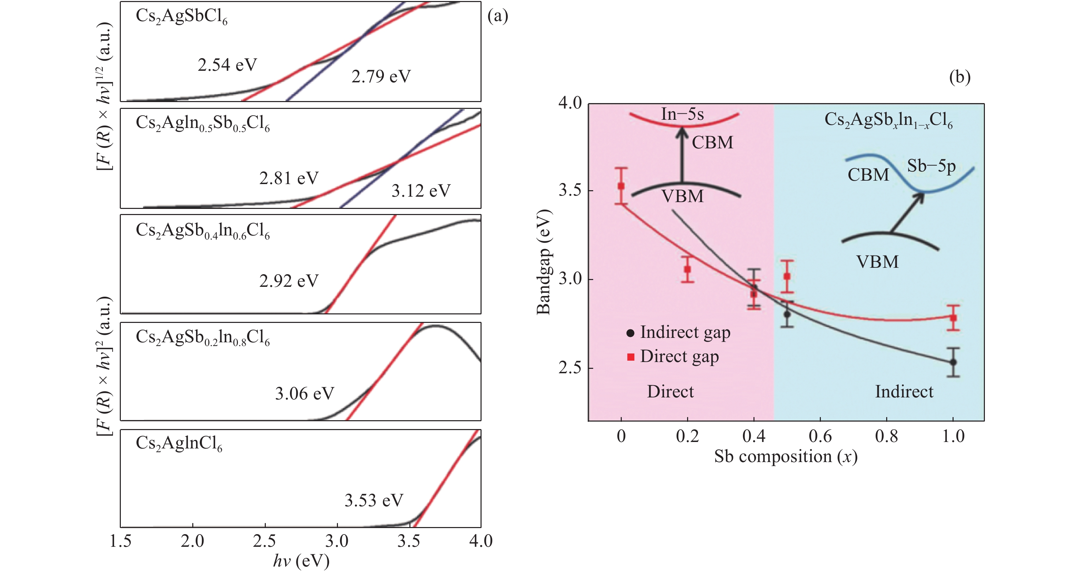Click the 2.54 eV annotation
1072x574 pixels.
(227, 65)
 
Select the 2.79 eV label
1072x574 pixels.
(381, 77)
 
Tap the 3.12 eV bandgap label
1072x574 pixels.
(421, 191)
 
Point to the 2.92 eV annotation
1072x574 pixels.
(289, 281)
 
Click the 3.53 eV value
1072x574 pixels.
(374, 501)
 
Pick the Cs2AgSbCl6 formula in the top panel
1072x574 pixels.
(181, 17)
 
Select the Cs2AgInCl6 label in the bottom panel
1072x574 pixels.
(179, 444)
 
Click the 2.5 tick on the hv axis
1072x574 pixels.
(265, 541)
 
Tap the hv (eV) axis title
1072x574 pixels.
(301, 561)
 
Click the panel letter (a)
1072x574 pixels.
(498, 16)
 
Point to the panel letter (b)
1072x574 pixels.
(960, 77)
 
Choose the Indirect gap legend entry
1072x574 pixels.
(678, 333)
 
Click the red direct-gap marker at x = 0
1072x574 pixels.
(621, 186)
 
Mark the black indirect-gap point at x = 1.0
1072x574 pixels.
(953, 362)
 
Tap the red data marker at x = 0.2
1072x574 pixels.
(687, 269)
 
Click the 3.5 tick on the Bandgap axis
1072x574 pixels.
(570, 190)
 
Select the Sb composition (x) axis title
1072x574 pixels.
(786, 457)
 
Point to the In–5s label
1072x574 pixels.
(682, 114)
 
